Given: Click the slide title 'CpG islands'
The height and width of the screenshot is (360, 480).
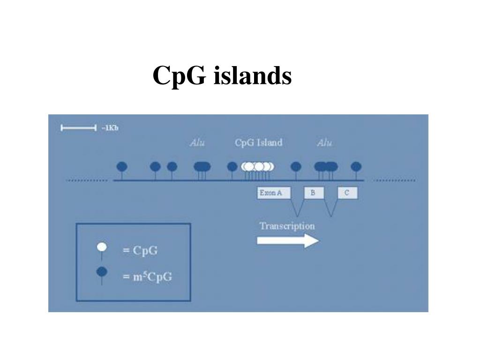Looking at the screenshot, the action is (222, 75).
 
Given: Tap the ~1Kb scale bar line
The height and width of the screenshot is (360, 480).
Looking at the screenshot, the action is (78, 128).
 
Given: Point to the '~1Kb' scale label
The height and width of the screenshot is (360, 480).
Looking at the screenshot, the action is (110, 128).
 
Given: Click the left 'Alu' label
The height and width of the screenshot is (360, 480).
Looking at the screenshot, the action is (197, 143).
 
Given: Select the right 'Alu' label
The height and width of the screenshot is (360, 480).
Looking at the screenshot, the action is (324, 143).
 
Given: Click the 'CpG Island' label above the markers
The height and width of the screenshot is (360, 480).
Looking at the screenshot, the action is (258, 143).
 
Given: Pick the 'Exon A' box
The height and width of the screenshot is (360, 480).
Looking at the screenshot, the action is (274, 193).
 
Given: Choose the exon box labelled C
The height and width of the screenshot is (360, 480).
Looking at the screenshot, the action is (347, 193).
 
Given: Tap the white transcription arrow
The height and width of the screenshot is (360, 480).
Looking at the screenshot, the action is (287, 241).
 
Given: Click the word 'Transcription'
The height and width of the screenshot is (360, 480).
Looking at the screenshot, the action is (287, 226).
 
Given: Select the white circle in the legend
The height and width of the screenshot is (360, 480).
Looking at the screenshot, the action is (102, 247).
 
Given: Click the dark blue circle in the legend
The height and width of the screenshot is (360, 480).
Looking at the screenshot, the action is (102, 271).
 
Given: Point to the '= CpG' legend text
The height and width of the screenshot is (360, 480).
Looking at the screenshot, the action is (140, 251).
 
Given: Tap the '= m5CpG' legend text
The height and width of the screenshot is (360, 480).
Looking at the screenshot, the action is (147, 277).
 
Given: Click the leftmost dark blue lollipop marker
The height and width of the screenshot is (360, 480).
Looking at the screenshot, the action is (122, 166).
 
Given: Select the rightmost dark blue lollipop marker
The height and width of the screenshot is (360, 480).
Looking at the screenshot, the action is (356, 166).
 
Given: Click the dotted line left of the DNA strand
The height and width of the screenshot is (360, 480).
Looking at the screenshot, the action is (87, 180).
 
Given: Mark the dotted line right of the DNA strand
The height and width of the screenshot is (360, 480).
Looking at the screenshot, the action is (394, 180).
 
